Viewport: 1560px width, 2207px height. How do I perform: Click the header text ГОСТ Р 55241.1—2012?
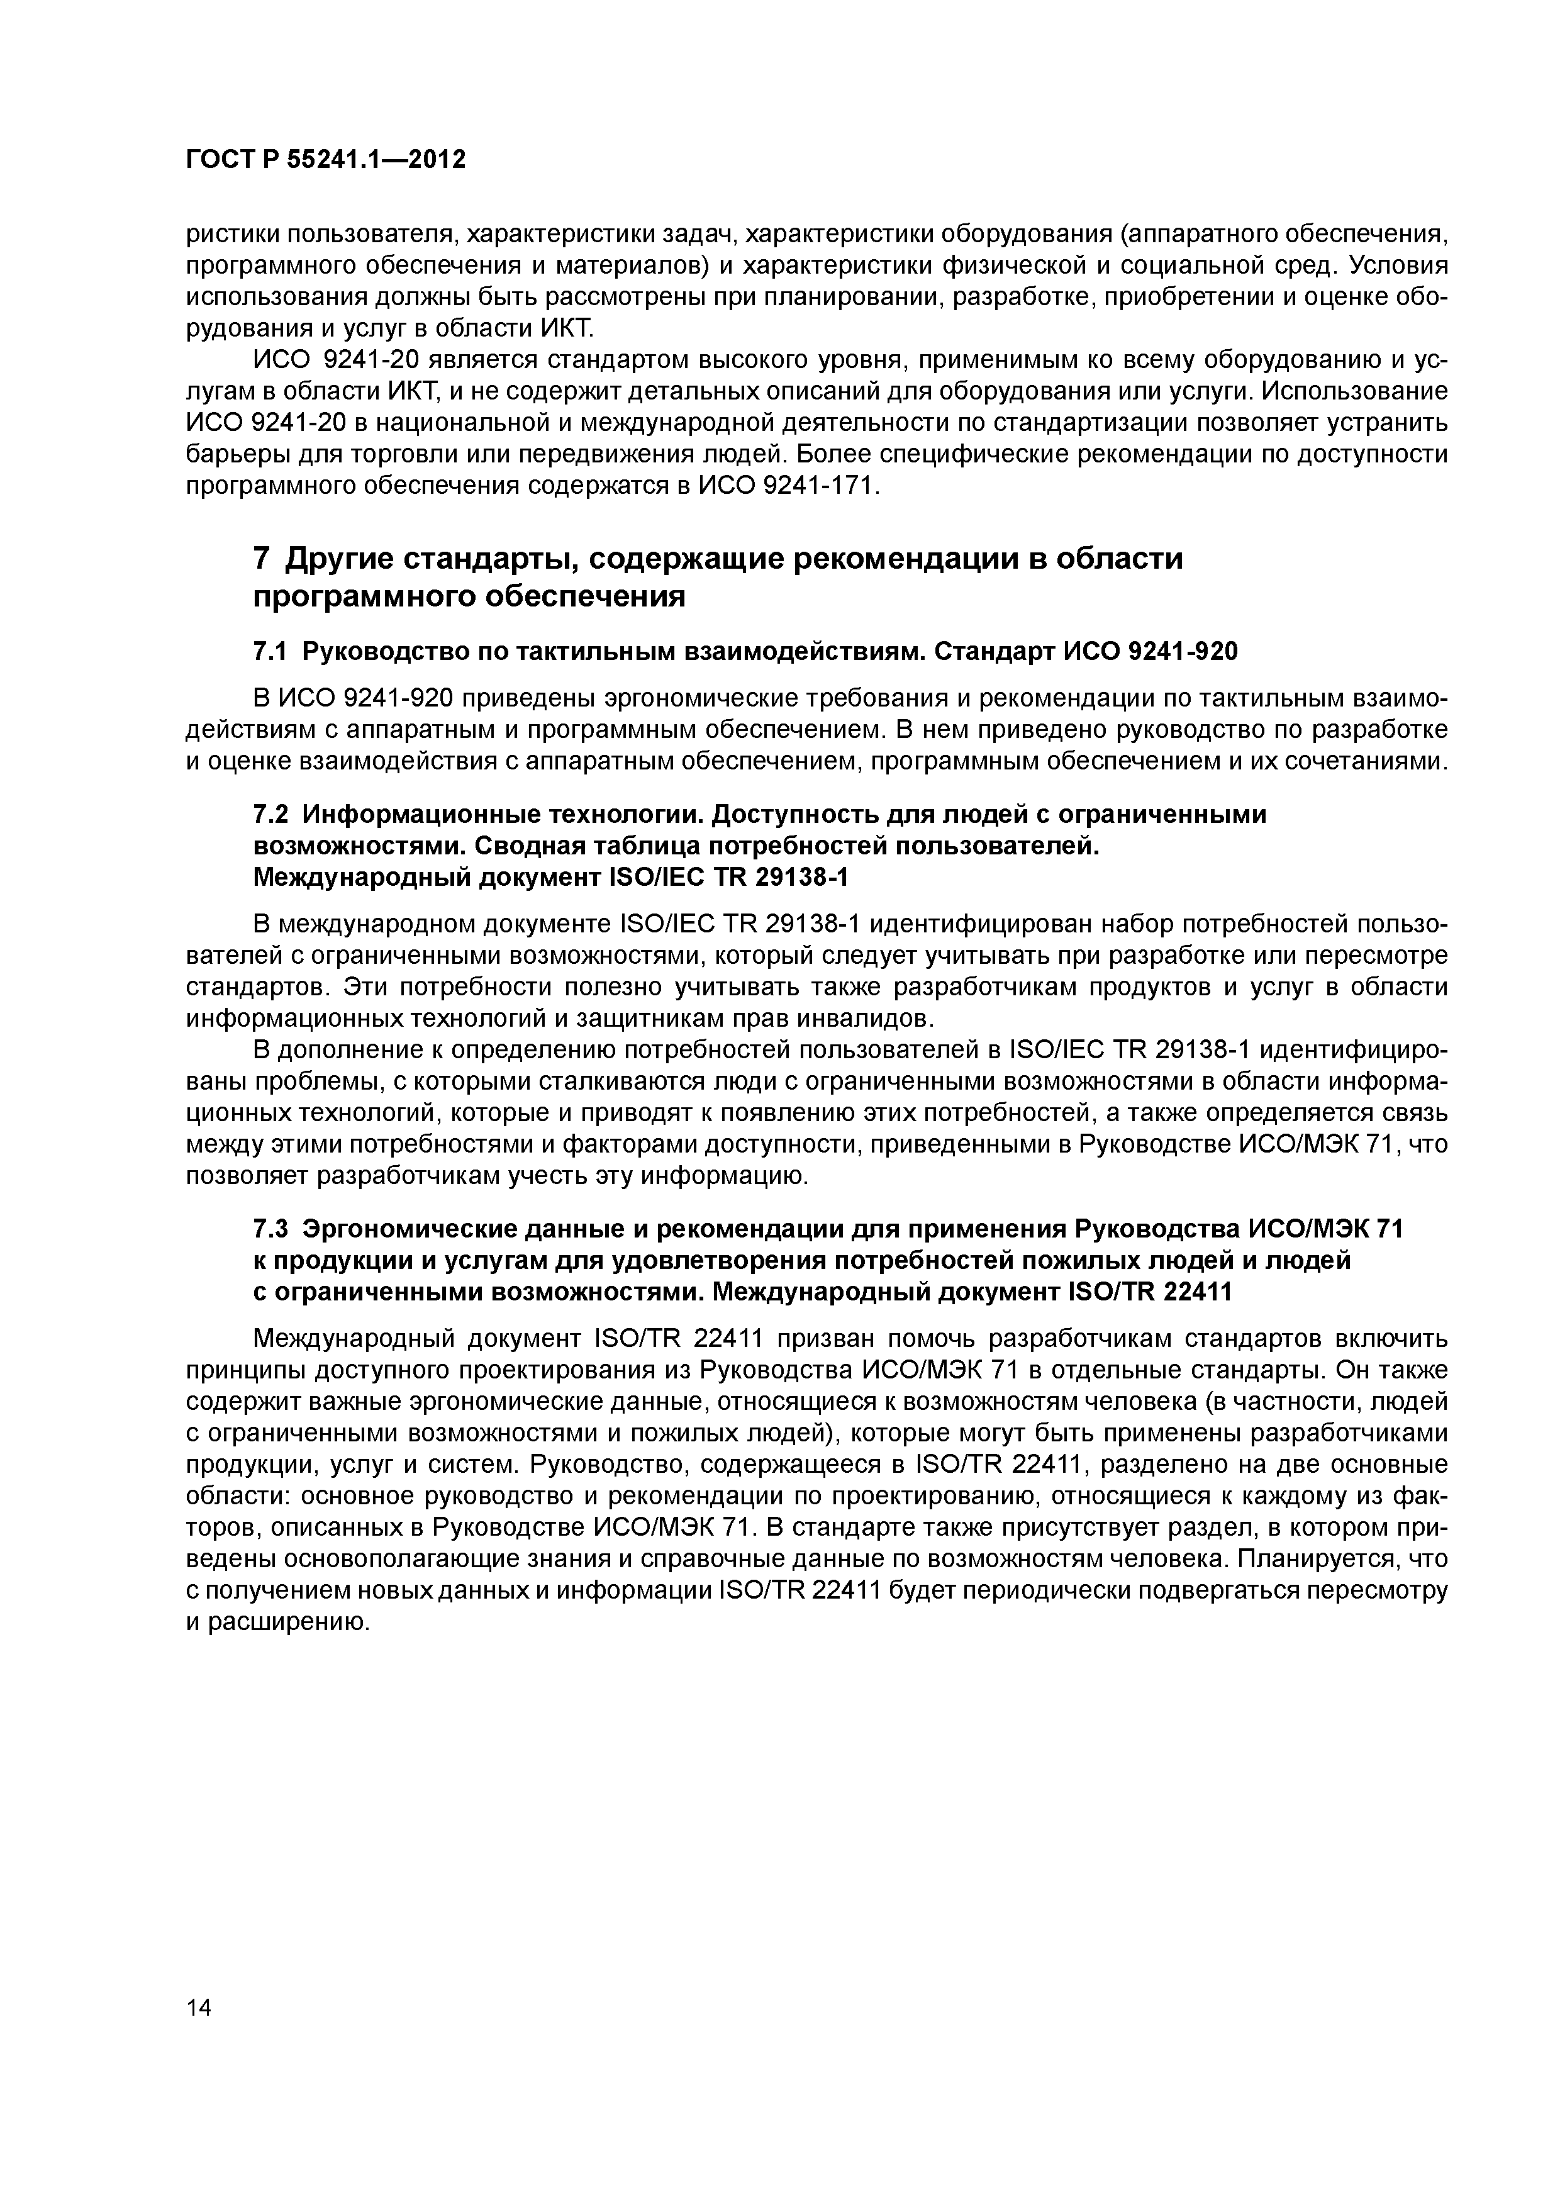click(x=325, y=160)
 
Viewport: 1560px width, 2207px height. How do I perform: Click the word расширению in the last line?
click(x=288, y=1623)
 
